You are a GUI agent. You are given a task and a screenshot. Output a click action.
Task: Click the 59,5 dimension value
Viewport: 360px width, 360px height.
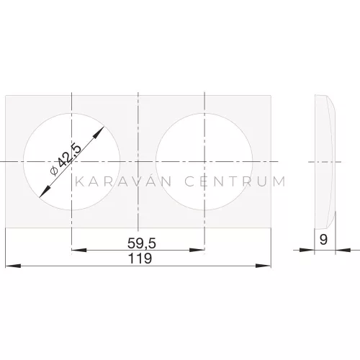click(142, 243)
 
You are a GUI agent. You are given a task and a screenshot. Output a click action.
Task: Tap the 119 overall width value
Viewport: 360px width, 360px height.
click(140, 258)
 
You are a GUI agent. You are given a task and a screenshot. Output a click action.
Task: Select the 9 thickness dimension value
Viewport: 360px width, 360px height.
click(323, 239)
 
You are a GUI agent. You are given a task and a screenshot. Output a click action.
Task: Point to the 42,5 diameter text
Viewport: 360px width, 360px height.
click(70, 156)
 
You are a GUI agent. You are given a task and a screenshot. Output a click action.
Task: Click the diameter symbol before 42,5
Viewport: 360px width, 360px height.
click(54, 171)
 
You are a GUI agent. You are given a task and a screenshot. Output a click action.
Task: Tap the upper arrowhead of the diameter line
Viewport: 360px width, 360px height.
click(99, 132)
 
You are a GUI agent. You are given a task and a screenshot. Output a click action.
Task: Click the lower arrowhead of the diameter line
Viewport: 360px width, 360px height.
click(45, 192)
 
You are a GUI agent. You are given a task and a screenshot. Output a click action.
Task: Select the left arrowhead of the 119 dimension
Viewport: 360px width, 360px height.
click(13, 266)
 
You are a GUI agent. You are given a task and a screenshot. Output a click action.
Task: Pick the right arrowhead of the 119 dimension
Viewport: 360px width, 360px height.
click(264, 266)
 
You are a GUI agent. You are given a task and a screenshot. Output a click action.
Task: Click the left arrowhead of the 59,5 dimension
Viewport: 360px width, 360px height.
click(79, 250)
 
